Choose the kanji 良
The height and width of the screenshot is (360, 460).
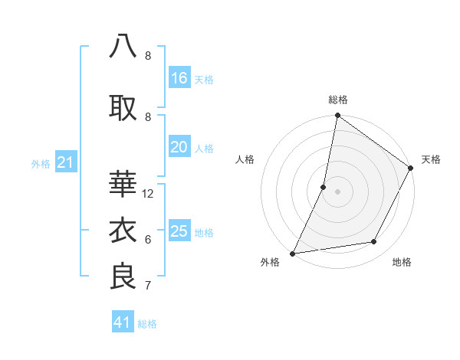tap(123, 276)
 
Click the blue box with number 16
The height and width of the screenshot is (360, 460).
tap(179, 77)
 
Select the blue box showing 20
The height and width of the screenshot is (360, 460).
tap(179, 147)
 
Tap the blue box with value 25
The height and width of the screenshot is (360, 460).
tap(179, 231)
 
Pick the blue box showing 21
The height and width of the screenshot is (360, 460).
tap(65, 162)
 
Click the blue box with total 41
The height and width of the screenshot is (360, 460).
tap(123, 322)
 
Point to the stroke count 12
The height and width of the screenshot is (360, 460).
tap(148, 194)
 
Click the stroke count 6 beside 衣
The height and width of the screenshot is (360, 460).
tap(148, 240)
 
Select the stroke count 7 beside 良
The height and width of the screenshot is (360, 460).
tap(148, 286)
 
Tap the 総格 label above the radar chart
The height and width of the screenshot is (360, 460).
tap(337, 100)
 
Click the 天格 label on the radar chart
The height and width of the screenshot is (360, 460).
tap(431, 159)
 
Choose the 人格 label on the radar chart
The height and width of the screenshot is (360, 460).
tap(245, 159)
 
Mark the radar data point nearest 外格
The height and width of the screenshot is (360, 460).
tap(292, 254)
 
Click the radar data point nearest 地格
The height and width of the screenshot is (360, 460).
tap(374, 242)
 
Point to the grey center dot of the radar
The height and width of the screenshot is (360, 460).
tap(337, 191)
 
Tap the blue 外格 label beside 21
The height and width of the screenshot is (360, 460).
tap(41, 163)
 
